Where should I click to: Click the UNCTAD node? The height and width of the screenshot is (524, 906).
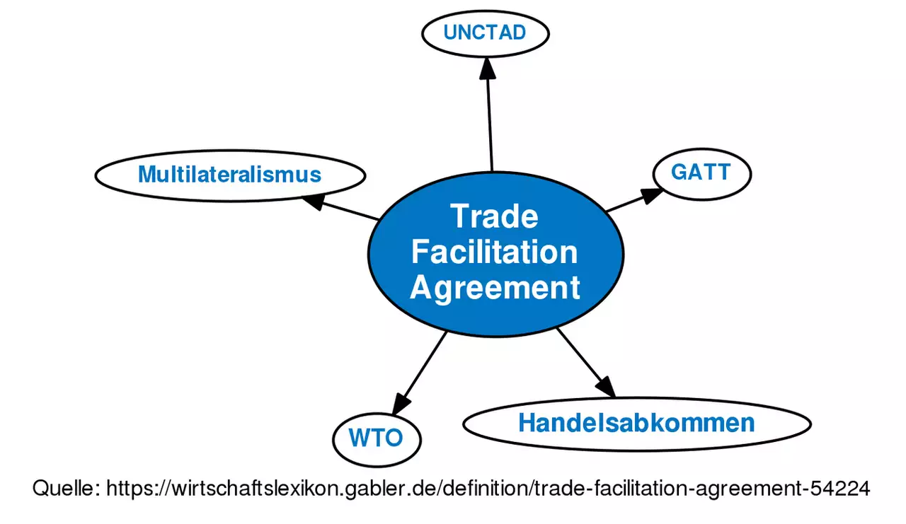[485, 33]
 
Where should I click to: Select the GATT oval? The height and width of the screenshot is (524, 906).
[701, 173]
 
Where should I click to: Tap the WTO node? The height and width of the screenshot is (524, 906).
[377, 438]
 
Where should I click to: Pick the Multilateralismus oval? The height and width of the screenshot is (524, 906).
[230, 175]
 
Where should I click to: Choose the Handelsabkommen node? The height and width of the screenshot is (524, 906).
[636, 424]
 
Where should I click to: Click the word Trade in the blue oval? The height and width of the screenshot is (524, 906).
[495, 216]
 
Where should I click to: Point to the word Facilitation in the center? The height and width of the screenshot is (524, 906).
[495, 252]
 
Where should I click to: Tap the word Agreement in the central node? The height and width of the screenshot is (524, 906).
[495, 289]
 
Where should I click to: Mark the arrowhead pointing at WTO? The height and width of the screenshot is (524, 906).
[401, 404]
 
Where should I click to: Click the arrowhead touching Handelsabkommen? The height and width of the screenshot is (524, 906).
[605, 388]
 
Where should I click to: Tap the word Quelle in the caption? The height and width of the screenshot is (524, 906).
[66, 488]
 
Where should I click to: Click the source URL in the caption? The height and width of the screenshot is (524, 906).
[488, 488]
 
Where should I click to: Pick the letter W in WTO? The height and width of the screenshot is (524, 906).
[357, 438]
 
